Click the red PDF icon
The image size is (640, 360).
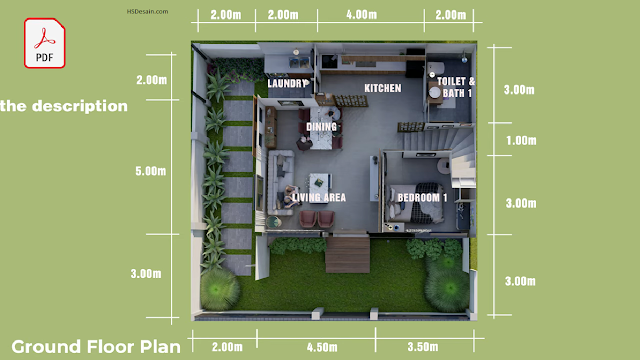44,43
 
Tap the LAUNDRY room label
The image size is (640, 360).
288,83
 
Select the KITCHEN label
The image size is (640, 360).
383,88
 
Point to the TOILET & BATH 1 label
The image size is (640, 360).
456,87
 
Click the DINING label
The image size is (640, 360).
322,127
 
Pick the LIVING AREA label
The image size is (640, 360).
319,198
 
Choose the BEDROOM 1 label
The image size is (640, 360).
422,198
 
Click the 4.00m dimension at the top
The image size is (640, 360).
362,15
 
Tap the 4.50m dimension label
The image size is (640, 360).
322,347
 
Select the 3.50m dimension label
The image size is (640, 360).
423,347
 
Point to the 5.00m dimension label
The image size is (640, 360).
151,171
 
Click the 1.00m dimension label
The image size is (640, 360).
521,141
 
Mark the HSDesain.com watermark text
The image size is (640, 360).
147,11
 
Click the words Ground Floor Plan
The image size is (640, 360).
96,347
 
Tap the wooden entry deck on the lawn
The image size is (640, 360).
348,255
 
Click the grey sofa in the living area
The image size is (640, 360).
281,182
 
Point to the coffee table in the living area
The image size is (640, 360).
320,183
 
